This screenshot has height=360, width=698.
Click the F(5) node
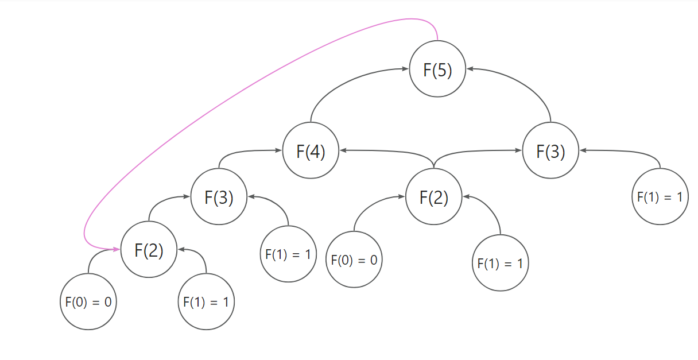coord(437,69)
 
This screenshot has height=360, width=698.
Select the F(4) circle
coord(311,152)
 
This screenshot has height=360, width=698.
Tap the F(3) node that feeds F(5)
coord(550,151)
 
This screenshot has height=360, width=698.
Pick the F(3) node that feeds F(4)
coord(219,198)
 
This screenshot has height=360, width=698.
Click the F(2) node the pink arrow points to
coord(149,250)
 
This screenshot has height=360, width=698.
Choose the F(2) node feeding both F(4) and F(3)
coord(433,198)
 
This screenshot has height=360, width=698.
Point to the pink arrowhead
coord(117,250)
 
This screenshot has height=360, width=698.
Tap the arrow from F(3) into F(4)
coord(241,152)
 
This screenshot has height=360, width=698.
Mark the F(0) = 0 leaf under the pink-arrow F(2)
coord(88,301)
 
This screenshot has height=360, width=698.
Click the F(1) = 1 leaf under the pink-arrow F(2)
coord(205,301)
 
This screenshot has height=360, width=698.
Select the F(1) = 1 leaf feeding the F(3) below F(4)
coord(288,254)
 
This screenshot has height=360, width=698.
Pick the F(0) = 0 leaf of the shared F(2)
coord(354,259)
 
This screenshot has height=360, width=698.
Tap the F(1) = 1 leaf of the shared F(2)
coord(500,264)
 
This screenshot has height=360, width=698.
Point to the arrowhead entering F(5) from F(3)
coord(470,69)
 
